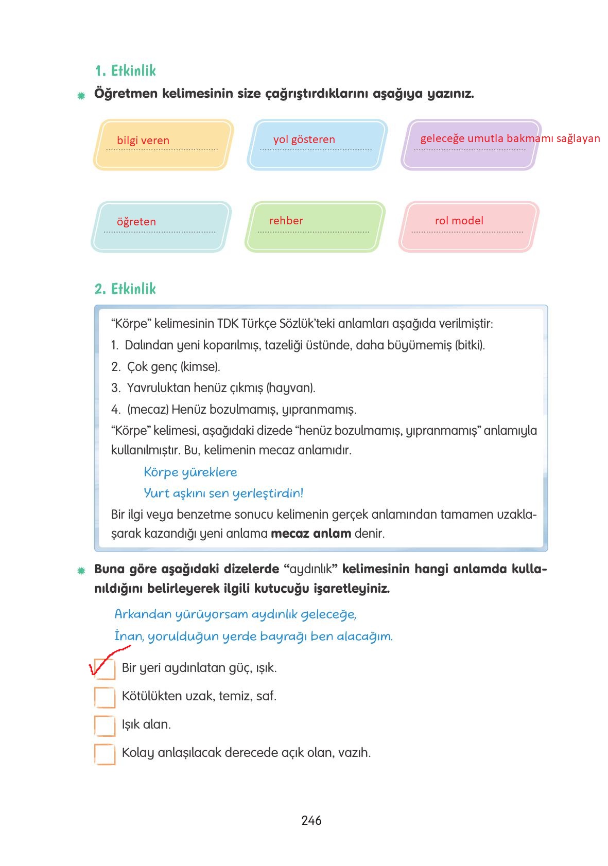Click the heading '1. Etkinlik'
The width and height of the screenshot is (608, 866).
pyautogui.click(x=125, y=70)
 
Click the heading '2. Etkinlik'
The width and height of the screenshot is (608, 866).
pyautogui.click(x=125, y=289)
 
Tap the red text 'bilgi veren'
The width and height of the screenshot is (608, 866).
pyautogui.click(x=143, y=140)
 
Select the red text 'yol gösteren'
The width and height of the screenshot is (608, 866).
pyautogui.click(x=304, y=139)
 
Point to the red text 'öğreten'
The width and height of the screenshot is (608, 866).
pyautogui.click(x=136, y=222)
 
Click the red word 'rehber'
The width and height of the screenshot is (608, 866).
pyautogui.click(x=286, y=221)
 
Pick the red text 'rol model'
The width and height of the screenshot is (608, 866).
pyautogui.click(x=459, y=221)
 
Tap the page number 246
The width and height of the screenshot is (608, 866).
pyautogui.click(x=311, y=820)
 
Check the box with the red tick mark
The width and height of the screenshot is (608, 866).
pyautogui.click(x=105, y=669)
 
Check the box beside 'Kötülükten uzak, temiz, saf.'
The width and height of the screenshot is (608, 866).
pyautogui.click(x=105, y=697)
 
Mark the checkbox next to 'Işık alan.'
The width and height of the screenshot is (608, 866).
pyautogui.click(x=105, y=726)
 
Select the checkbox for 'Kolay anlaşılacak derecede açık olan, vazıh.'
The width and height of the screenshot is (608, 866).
pyautogui.click(x=105, y=754)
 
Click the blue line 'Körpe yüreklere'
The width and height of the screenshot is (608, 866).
pyautogui.click(x=190, y=472)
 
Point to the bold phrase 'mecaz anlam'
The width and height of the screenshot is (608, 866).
pyautogui.click(x=311, y=533)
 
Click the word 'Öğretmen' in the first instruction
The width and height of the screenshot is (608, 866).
pyautogui.click(x=126, y=94)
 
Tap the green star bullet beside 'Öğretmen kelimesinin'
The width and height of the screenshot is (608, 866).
pyautogui.click(x=81, y=95)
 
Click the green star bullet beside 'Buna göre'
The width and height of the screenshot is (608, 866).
pyautogui.click(x=81, y=571)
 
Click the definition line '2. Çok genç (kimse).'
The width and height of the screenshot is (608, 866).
pyautogui.click(x=166, y=367)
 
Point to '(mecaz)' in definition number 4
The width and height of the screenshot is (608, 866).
pyautogui.click(x=148, y=410)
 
